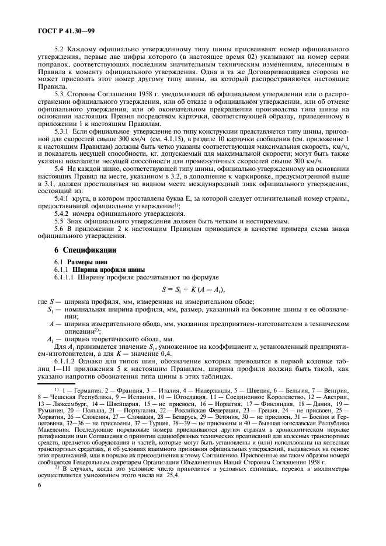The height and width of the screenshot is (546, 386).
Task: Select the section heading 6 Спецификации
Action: [x=86, y=250]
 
